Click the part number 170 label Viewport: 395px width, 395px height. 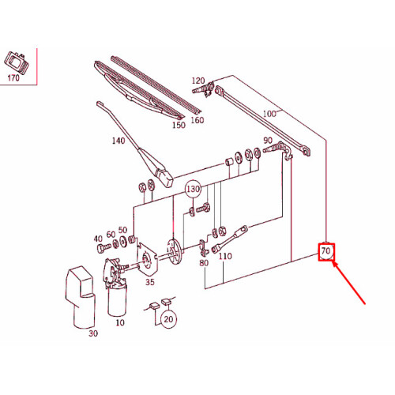click(13, 78)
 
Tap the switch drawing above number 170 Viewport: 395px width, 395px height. click(16, 62)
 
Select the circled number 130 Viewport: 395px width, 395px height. click(193, 189)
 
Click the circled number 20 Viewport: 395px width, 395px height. click(168, 319)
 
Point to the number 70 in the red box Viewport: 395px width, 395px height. click(326, 251)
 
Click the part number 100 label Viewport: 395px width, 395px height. click(269, 114)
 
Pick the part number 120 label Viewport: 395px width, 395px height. click(198, 81)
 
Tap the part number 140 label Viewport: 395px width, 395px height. click(118, 141)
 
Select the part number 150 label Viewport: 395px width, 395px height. click(179, 125)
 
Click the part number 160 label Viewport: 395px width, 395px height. click(197, 120)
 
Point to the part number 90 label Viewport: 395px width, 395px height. click(268, 141)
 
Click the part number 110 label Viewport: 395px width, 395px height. click(225, 256)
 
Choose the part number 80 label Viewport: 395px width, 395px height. click(204, 262)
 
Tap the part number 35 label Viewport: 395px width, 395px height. click(150, 282)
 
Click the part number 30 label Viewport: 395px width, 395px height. click(93, 333)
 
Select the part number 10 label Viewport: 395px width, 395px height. click(120, 322)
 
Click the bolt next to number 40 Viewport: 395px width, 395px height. click(103, 248)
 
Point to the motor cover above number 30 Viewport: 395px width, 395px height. click(80, 297)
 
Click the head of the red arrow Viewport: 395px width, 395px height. click(334, 263)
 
